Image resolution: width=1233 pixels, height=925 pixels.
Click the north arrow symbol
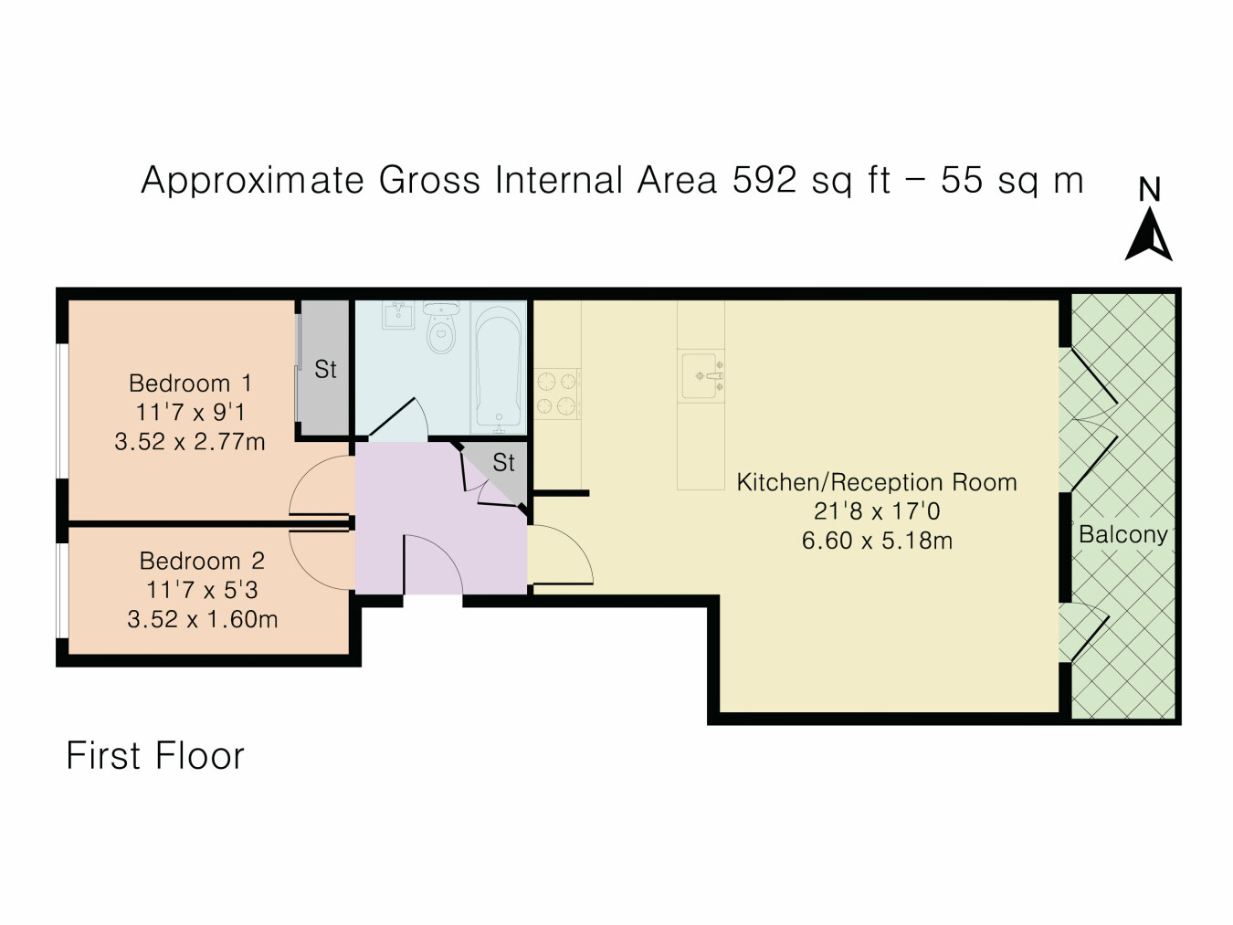tap(1148, 235)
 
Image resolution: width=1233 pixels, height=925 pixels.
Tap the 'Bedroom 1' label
tap(190, 384)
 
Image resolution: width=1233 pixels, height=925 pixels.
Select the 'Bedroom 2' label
tap(202, 561)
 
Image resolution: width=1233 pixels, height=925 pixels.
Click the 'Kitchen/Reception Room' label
tap(876, 482)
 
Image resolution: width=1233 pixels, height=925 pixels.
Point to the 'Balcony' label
tap(1122, 534)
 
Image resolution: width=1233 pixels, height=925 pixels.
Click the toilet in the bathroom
tap(441, 328)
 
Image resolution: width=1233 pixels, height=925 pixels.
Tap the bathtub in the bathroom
tap(499, 368)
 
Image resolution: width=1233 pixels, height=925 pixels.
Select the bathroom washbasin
tap(398, 315)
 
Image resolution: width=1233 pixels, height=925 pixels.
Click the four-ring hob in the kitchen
tap(556, 394)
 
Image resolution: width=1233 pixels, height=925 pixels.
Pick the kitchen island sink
tap(701, 375)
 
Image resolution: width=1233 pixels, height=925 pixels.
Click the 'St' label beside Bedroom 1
tap(325, 369)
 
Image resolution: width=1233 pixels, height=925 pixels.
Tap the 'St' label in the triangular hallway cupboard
tap(503, 462)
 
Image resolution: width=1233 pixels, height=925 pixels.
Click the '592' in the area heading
tap(764, 180)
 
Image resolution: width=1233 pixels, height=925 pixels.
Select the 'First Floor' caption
tap(155, 755)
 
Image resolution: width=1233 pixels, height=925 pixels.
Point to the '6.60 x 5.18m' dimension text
tap(877, 541)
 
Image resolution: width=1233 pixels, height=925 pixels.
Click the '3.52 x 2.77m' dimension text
tap(190, 441)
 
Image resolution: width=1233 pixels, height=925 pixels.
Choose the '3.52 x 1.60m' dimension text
tap(202, 619)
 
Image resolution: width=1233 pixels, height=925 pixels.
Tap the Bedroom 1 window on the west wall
tap(62, 411)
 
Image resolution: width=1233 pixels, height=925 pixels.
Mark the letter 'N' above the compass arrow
tap(1149, 189)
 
